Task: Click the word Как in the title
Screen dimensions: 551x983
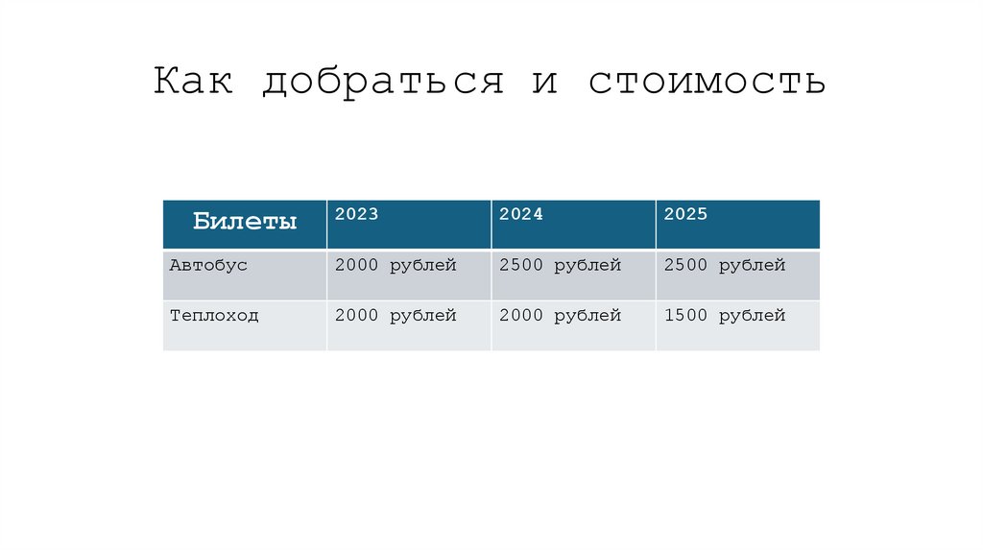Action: click(193, 82)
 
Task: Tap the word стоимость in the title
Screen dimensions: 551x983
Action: click(707, 82)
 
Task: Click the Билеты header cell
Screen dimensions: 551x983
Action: click(245, 223)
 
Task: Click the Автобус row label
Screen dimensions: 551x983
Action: click(208, 266)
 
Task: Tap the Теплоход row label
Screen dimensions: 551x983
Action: click(214, 316)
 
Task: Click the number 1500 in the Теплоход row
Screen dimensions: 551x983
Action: click(685, 316)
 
